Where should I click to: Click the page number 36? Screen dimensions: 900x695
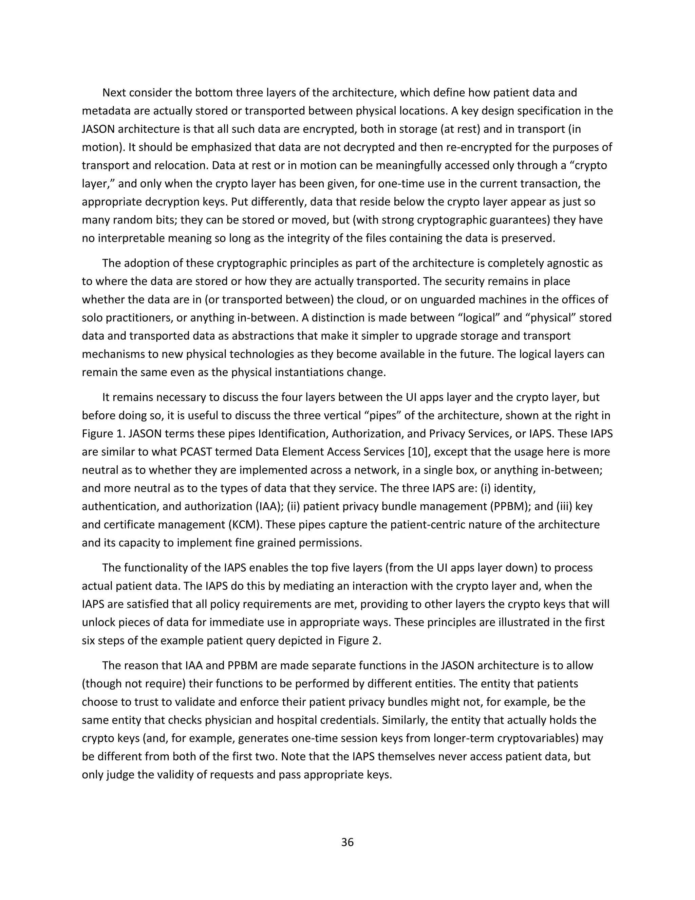tap(347, 842)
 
